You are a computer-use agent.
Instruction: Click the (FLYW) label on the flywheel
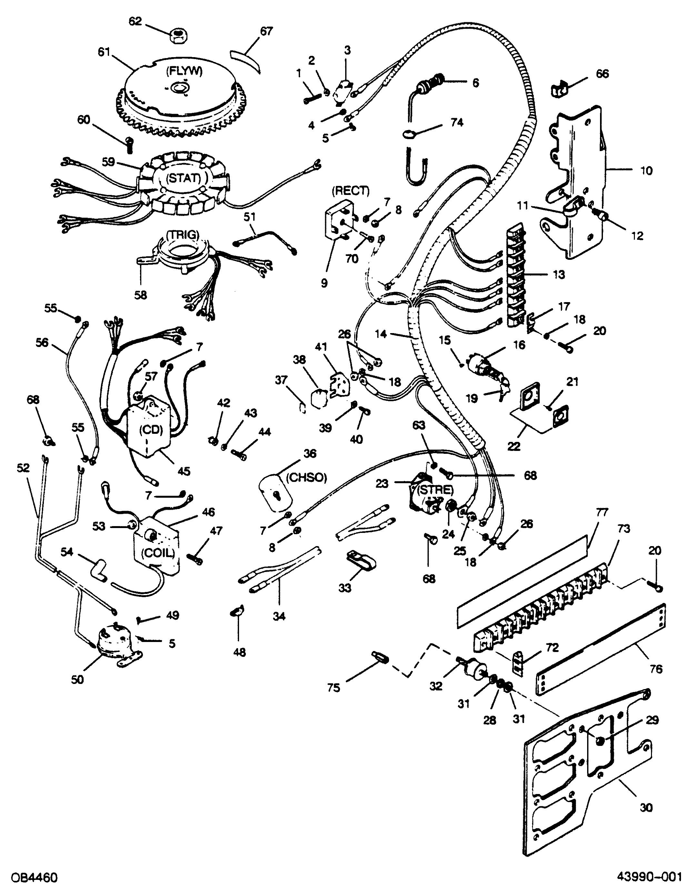tap(184, 72)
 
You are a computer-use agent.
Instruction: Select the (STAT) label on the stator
tap(183, 177)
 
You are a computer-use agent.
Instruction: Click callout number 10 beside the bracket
tap(646, 170)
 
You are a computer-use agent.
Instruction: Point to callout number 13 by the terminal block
tap(558, 275)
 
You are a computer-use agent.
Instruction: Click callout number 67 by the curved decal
tap(266, 31)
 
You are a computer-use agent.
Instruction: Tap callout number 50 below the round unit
tap(77, 679)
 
